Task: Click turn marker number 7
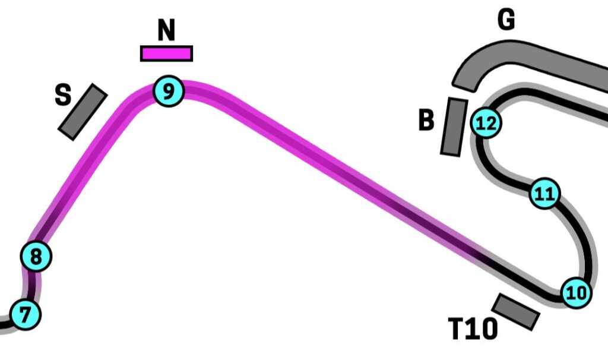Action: point(24,314)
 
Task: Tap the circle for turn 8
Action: point(36,257)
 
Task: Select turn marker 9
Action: point(169,91)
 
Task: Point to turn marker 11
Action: point(544,194)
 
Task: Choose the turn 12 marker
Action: point(486,124)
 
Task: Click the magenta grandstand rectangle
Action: point(166,53)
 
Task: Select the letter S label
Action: point(63,95)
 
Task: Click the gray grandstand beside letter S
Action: point(83,112)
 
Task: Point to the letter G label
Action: point(506,20)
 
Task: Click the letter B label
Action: point(426,121)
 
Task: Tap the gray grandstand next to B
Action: point(454,127)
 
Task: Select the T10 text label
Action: point(472,329)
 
